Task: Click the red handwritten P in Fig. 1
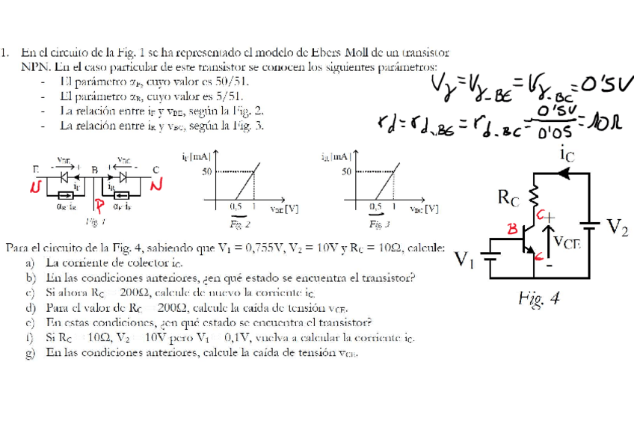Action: point(98,206)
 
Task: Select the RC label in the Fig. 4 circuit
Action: point(508,198)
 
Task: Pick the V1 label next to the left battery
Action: point(466,260)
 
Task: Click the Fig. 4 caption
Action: point(539,299)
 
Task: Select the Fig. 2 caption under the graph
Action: point(239,224)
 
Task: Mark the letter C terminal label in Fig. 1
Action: point(156,170)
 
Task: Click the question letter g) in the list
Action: point(30,352)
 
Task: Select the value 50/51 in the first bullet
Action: point(231,82)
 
